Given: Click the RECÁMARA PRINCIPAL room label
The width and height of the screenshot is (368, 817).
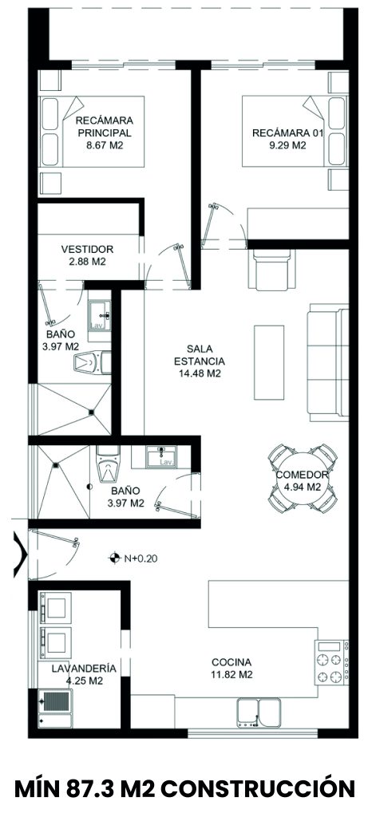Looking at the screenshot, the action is click(x=105, y=125).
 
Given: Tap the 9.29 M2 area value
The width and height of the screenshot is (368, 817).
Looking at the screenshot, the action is click(x=287, y=146).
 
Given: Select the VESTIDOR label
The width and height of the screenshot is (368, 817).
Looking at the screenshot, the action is click(x=87, y=249).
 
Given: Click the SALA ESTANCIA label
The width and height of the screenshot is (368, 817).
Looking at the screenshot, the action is click(x=199, y=354).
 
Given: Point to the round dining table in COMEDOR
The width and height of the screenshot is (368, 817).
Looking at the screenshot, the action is click(x=302, y=479).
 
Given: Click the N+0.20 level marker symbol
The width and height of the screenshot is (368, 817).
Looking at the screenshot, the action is click(x=113, y=558).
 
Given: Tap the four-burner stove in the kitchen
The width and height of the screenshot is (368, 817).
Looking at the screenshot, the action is click(x=331, y=661).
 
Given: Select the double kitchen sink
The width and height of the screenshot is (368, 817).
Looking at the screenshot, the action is click(x=259, y=712).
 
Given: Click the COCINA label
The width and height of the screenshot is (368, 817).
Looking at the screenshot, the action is click(x=231, y=662).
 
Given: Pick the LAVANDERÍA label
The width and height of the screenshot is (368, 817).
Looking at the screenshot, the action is click(x=84, y=669).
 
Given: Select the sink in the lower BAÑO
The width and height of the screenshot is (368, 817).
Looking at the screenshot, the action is click(x=160, y=456).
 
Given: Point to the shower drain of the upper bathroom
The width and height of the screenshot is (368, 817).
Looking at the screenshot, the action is click(x=91, y=412).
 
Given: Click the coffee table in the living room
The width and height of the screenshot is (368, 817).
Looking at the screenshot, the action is click(x=269, y=363).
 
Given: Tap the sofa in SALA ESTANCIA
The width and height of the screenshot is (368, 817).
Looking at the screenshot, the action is click(x=328, y=361).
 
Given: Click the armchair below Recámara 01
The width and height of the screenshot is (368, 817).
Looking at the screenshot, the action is click(x=273, y=268).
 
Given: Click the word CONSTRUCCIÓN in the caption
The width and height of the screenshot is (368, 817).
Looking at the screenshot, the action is click(x=258, y=788).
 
